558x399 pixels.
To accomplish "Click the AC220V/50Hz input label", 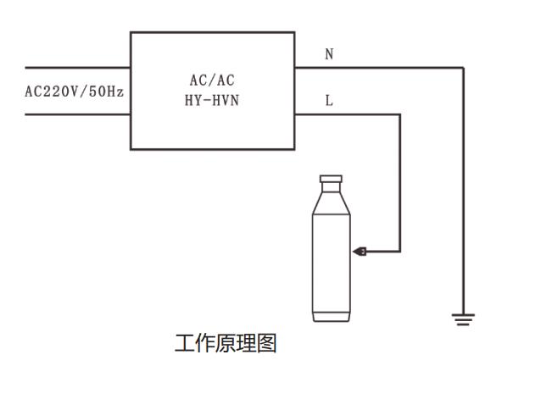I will [x=75, y=91].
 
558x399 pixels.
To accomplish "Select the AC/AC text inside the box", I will [x=212, y=81].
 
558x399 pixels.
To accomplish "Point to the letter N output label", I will [x=329, y=54].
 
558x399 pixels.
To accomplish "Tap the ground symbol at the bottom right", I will [x=463, y=319].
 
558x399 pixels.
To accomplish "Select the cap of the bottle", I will [x=331, y=180].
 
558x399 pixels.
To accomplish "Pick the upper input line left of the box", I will [x=76, y=67].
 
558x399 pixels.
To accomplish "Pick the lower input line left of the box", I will [x=76, y=114].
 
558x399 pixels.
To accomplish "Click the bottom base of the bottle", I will [x=331, y=317].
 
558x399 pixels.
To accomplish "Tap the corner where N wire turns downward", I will [x=464, y=67].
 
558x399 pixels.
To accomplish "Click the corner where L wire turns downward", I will [x=399, y=114].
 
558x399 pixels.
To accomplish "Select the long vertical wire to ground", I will [x=464, y=195].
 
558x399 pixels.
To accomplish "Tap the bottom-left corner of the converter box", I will [x=131, y=149].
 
